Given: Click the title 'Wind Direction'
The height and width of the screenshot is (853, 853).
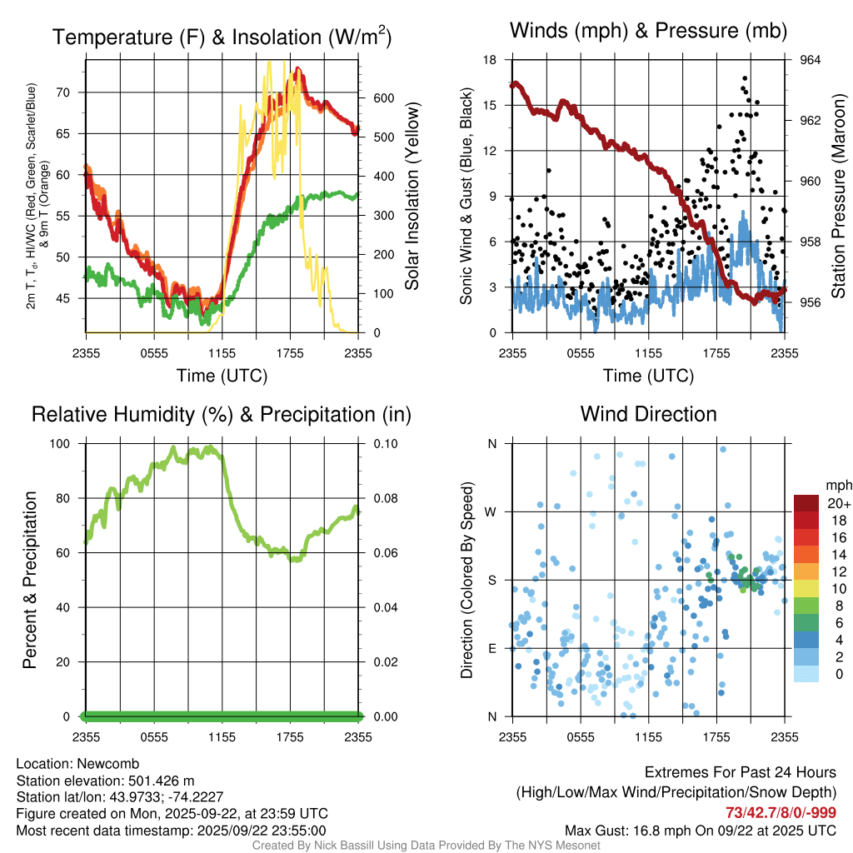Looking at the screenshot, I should pyautogui.click(x=648, y=414).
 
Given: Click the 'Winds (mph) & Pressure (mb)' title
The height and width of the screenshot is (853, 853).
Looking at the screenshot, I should pyautogui.click(x=648, y=32).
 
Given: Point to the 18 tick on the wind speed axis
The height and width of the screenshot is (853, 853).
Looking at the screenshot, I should pyautogui.click(x=491, y=60).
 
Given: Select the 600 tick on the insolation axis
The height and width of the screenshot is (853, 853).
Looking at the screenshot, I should pyautogui.click(x=383, y=97).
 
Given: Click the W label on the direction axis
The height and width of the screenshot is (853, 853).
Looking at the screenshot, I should pyautogui.click(x=491, y=512).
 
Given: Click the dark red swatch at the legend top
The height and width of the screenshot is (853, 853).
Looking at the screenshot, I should pyautogui.click(x=806, y=503).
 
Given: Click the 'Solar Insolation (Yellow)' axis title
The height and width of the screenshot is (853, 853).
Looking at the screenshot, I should pyautogui.click(x=412, y=197).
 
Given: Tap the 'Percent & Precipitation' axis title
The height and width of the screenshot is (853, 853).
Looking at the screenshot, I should pyautogui.click(x=30, y=580).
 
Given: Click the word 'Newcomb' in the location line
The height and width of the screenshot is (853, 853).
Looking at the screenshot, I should pyautogui.click(x=107, y=764).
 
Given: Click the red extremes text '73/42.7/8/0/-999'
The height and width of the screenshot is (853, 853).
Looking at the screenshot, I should pyautogui.click(x=781, y=813).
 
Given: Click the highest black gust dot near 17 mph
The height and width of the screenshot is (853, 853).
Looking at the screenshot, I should pyautogui.click(x=744, y=78).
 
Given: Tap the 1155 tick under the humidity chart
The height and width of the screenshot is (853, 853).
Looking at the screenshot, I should pyautogui.click(x=222, y=736).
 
